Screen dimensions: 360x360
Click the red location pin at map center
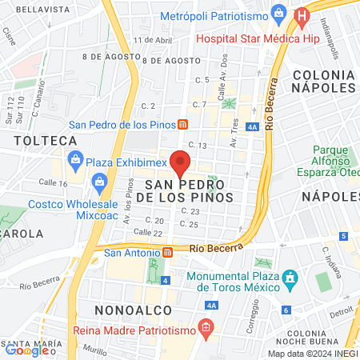[180, 162]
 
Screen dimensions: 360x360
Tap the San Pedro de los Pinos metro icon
[183, 124]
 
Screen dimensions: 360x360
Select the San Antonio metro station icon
[167, 251]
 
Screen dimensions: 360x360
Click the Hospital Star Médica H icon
[302, 15]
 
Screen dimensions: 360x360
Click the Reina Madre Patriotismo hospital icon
[206, 327]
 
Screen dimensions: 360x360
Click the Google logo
[27, 350]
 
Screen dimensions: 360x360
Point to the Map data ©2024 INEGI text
[312, 354]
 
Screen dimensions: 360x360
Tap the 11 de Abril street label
[154, 39]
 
